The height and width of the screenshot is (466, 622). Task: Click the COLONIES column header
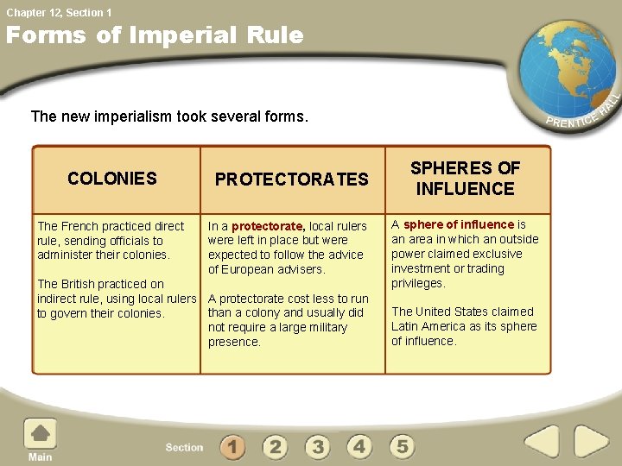tap(112, 179)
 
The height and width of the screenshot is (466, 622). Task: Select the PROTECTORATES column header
tap(291, 179)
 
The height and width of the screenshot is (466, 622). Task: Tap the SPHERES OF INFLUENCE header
tap(466, 178)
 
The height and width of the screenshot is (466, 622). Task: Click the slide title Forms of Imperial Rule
tap(155, 35)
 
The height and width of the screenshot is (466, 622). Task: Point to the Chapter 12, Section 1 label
tap(59, 12)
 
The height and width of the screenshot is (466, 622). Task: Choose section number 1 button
tap(232, 447)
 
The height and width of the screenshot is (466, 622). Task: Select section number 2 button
tap(275, 447)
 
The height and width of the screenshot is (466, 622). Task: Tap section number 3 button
tap(318, 447)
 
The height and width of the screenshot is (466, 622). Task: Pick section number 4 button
tap(360, 447)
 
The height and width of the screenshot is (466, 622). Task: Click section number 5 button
tap(403, 447)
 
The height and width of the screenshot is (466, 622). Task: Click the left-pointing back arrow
tap(543, 443)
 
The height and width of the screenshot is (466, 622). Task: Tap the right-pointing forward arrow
tap(592, 443)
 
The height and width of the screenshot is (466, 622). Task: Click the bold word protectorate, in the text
tap(269, 227)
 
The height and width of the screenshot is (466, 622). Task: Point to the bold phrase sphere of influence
tap(459, 224)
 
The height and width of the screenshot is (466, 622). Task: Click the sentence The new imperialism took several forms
tap(169, 116)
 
